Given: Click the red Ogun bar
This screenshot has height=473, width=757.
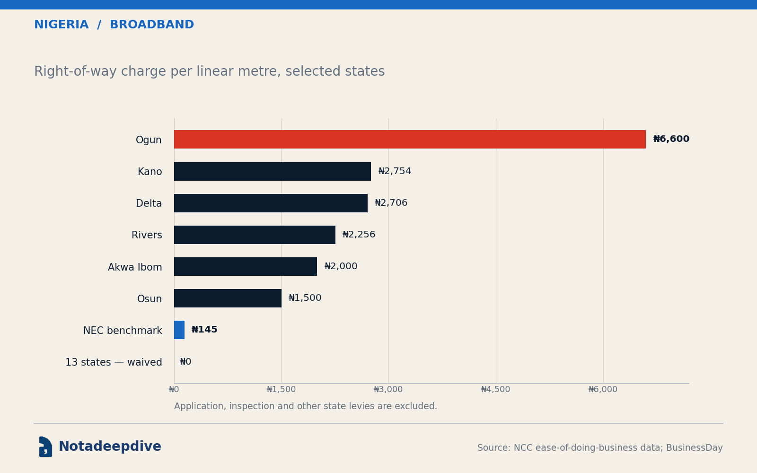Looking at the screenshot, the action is pyautogui.click(x=410, y=139).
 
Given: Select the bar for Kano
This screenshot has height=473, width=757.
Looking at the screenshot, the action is pyautogui.click(x=273, y=171).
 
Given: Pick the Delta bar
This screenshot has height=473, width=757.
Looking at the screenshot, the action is pyautogui.click(x=271, y=203).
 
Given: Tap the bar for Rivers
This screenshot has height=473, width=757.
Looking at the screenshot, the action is pyautogui.click(x=255, y=235).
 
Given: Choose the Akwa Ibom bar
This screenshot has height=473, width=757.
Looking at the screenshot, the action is pyautogui.click(x=246, y=267).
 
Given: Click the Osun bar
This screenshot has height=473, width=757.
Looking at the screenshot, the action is pyautogui.click(x=228, y=298).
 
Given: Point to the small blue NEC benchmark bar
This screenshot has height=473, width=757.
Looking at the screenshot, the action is pyautogui.click(x=179, y=330).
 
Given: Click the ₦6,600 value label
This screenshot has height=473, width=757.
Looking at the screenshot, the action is pyautogui.click(x=671, y=139).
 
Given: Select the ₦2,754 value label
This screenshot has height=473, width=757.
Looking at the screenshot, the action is pyautogui.click(x=395, y=171).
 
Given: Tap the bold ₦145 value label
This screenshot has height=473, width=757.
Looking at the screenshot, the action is pyautogui.click(x=204, y=329).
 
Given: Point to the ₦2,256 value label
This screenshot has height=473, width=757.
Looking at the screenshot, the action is pyautogui.click(x=359, y=235).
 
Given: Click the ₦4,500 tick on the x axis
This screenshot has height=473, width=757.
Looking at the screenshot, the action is pyautogui.click(x=496, y=390).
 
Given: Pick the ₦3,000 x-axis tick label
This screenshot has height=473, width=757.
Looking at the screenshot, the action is pyautogui.click(x=388, y=390).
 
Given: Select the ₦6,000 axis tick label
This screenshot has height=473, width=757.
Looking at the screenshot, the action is pyautogui.click(x=603, y=390).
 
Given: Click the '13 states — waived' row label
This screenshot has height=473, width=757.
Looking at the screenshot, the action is pyautogui.click(x=114, y=362).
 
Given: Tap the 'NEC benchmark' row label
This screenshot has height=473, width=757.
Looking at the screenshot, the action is pyautogui.click(x=123, y=331).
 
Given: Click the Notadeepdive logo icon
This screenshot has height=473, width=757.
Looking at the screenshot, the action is pyautogui.click(x=45, y=447).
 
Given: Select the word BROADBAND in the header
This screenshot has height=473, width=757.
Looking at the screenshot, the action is pyautogui.click(x=152, y=25).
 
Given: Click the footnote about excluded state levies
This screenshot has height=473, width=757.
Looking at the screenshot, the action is pyautogui.click(x=306, y=406).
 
